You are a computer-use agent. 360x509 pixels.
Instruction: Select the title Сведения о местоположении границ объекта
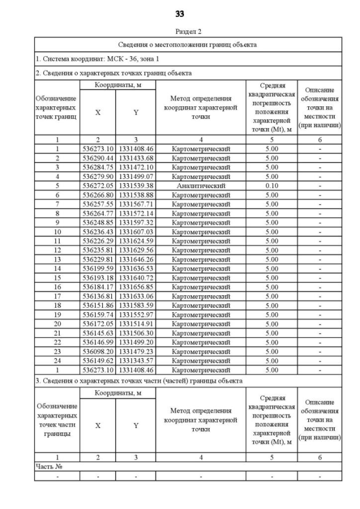coord(187,44)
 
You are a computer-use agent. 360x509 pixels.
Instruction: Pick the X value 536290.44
coord(97,158)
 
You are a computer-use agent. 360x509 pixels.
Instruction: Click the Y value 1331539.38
coord(136,186)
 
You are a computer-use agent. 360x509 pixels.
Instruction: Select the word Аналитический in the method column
coord(201,186)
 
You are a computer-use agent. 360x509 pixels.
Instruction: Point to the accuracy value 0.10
coord(272,186)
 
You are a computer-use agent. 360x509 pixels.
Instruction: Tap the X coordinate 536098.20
coord(97,351)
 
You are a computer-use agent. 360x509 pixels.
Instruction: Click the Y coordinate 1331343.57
coord(136,361)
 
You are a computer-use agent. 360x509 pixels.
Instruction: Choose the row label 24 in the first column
coord(57,361)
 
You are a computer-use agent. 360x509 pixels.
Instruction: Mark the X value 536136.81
coord(97,296)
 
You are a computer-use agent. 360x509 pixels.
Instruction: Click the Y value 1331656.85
coord(136,287)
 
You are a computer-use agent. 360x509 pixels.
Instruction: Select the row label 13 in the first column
coord(57,259)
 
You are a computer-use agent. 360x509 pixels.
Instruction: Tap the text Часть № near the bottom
coord(48,467)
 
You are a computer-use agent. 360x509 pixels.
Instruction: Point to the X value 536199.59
coord(97,268)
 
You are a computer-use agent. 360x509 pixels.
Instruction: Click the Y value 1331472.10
coord(136,167)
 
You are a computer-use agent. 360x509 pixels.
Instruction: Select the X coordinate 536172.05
coord(97,323)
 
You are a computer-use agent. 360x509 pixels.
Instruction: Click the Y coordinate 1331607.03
coord(136,232)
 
